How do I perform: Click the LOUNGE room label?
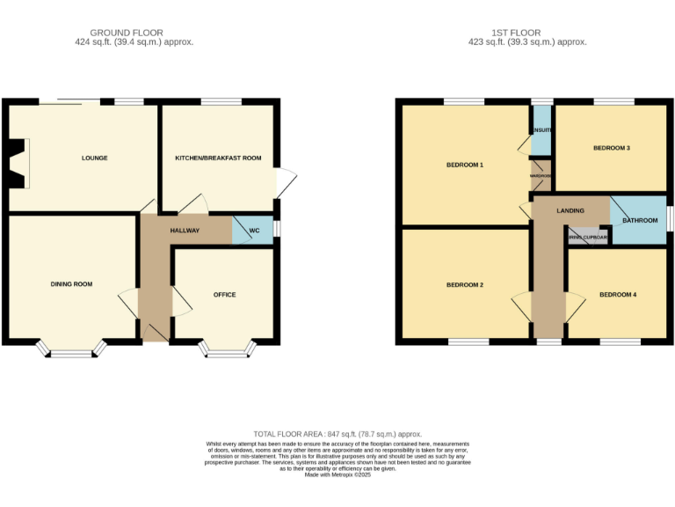[94, 158]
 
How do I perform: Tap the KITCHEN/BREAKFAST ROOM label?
[218, 158]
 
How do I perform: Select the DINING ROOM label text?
[71, 284]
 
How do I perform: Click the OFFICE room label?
[224, 295]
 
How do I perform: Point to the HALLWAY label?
[185, 231]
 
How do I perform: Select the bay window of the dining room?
[71, 352]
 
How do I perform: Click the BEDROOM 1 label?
[464, 165]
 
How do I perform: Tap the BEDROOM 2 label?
[464, 285]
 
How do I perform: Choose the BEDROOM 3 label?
[611, 148]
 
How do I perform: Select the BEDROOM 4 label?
[617, 295]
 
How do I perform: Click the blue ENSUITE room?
[541, 130]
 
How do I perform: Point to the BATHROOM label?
[640, 220]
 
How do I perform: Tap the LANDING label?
[570, 211]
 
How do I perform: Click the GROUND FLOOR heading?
[134, 33]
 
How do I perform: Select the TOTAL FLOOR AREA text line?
[337, 434]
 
